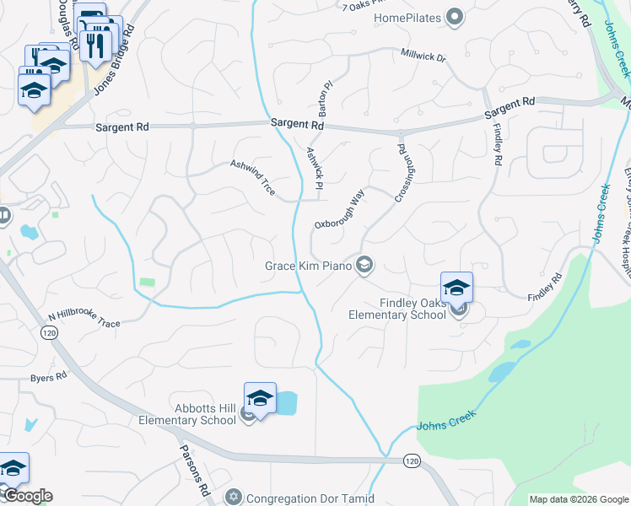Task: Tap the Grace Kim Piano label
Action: [308, 266]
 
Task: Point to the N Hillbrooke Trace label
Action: [84, 317]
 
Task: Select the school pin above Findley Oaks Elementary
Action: [456, 287]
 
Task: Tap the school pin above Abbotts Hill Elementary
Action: [261, 398]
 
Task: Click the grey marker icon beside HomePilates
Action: [455, 17]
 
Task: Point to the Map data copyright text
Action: [578, 499]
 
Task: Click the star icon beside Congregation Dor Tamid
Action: [234, 498]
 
